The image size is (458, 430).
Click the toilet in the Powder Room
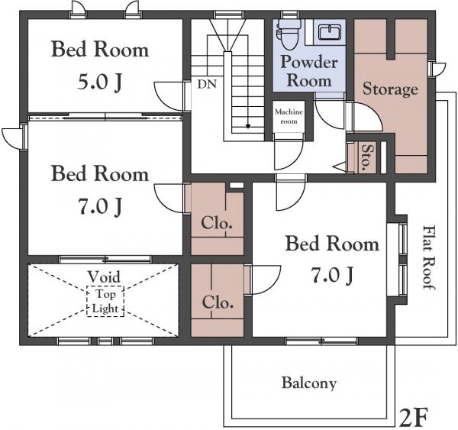(288, 33)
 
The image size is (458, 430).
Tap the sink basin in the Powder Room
(330, 32)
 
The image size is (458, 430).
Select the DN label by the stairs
(207, 85)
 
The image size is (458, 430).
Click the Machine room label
(289, 116)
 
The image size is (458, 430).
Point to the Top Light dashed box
(105, 302)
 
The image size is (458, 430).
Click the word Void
(104, 276)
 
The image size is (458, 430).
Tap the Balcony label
(309, 383)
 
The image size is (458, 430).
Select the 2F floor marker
(414, 418)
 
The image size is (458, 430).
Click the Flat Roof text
(429, 257)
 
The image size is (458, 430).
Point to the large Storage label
(390, 89)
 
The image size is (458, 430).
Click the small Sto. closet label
(367, 157)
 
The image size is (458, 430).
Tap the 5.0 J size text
(99, 82)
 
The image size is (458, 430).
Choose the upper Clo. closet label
(217, 224)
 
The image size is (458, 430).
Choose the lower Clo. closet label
(218, 302)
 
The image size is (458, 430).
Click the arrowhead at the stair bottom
(248, 127)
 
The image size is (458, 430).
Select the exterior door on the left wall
(11, 139)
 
